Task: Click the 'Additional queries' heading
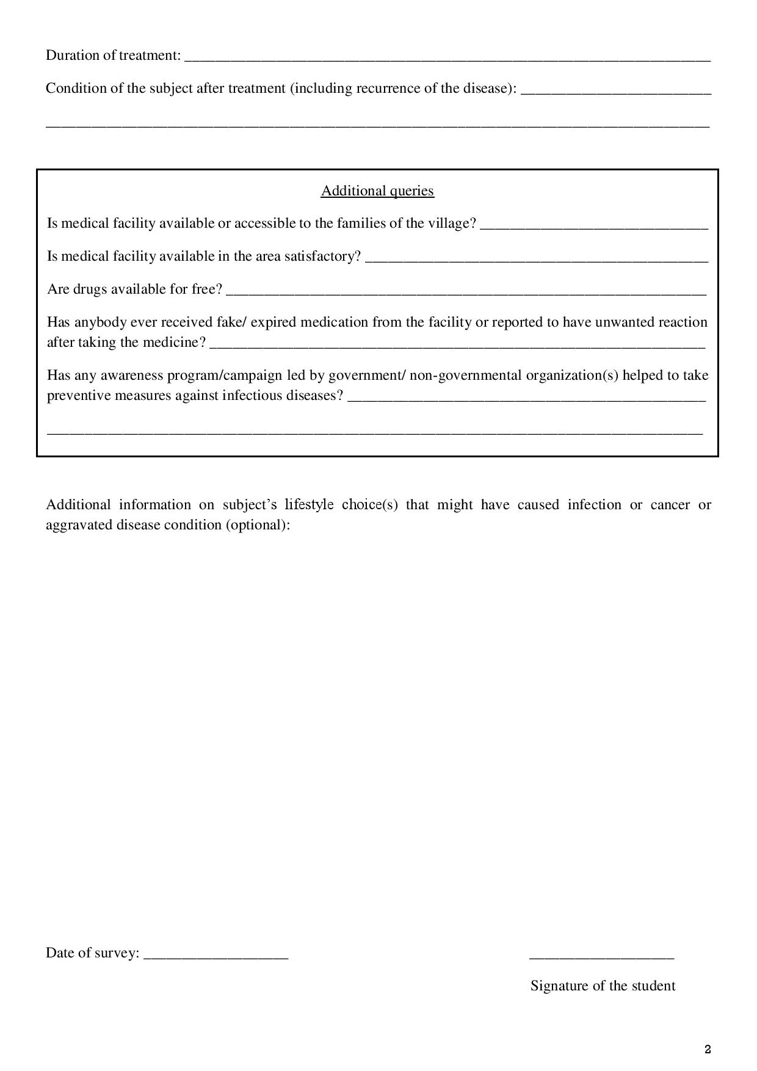pyautogui.click(x=377, y=191)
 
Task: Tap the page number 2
pyautogui.click(x=708, y=1050)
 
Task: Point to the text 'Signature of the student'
pyautogui.click(x=603, y=986)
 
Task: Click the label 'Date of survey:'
pyautogui.click(x=93, y=953)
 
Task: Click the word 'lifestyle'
pyautogui.click(x=309, y=505)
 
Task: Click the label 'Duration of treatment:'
pyautogui.click(x=114, y=56)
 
